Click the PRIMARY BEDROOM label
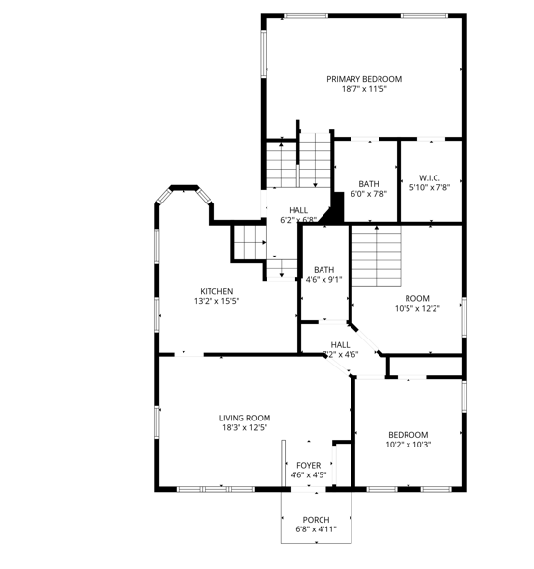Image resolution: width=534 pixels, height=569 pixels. tap(363, 79)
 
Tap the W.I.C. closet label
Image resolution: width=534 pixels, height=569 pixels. tap(430, 177)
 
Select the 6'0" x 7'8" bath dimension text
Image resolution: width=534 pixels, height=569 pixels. tap(368, 194)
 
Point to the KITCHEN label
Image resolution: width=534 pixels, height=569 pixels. tap(216, 291)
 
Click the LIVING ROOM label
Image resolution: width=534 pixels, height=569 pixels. tap(243, 417)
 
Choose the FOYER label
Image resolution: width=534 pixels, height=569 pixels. tap(308, 465)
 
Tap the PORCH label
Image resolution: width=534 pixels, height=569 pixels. tap(316, 519)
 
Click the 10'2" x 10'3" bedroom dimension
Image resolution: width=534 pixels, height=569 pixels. tap(408, 445)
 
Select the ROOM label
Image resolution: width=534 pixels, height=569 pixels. tap(417, 298)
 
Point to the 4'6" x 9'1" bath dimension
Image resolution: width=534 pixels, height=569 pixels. tap(323, 280)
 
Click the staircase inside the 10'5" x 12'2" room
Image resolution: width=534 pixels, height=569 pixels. tap(376, 257)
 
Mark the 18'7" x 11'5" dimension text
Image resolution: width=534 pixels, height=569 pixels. tap(363, 90)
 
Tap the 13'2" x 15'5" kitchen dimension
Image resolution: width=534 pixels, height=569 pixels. tap(216, 301)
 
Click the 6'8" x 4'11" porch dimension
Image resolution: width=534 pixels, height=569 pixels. tap(316, 529)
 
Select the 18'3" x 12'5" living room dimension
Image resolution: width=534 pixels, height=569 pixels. tap(243, 427)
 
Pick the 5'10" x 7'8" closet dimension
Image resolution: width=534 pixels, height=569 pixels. tap(430, 187)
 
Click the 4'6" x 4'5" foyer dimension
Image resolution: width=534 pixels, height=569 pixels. tap(308, 474)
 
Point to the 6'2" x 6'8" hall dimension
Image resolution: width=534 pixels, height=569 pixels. tap(297, 220)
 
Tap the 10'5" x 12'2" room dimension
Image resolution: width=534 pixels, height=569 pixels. tap(417, 309)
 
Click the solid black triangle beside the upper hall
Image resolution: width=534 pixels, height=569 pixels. tap(338, 208)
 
